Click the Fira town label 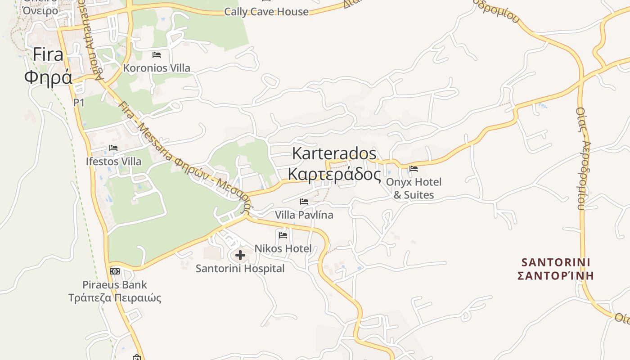[x=48, y=55]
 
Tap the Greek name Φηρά [x=48, y=77]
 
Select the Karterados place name [x=334, y=153]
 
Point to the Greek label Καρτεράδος [x=334, y=174]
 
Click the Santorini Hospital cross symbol [x=240, y=255]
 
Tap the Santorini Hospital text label [x=240, y=269]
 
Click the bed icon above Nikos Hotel [x=283, y=235]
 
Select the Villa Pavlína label [x=304, y=215]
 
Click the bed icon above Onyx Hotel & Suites [x=414, y=169]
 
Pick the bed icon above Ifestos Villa [x=113, y=148]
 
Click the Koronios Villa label [x=157, y=68]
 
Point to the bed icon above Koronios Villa [x=157, y=55]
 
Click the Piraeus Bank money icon [x=115, y=271]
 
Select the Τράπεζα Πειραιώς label [x=115, y=298]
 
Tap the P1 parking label [x=79, y=103]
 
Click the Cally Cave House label [x=266, y=12]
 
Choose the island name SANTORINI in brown [x=556, y=262]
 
